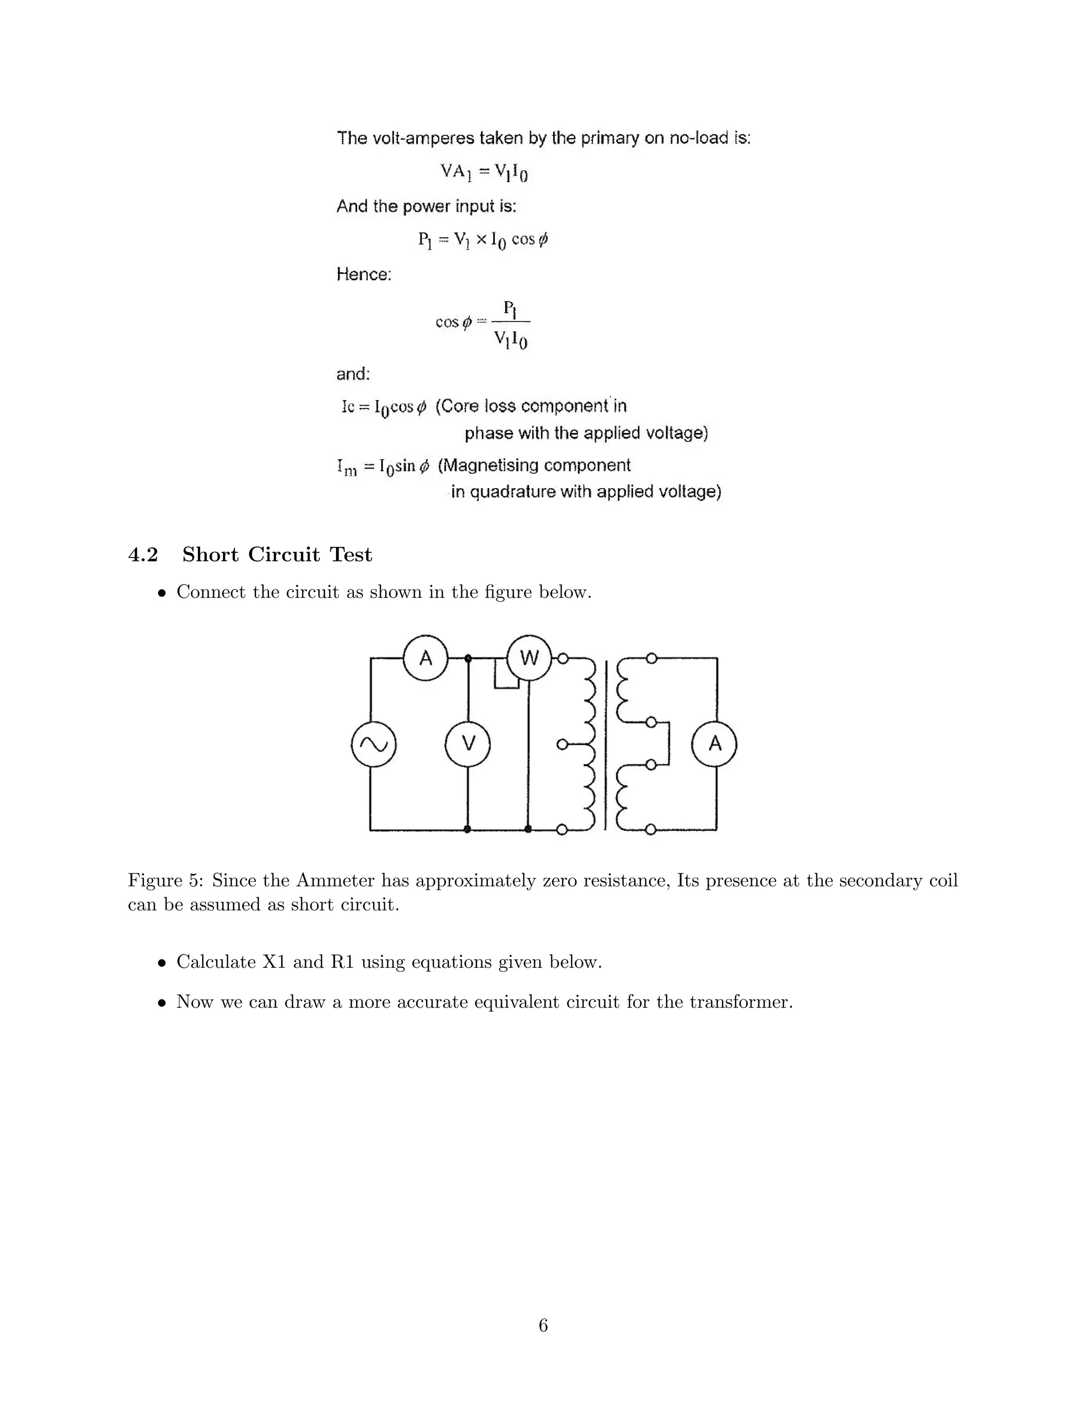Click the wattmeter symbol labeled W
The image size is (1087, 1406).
tap(529, 658)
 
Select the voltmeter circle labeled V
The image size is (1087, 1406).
tap(468, 744)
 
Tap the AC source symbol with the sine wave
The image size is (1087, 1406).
tap(374, 744)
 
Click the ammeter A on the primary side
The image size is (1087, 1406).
tap(425, 658)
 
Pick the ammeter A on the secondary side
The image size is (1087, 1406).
tap(714, 744)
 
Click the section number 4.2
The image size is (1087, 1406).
tap(143, 555)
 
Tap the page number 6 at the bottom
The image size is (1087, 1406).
tap(543, 1325)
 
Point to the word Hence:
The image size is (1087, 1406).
tap(364, 275)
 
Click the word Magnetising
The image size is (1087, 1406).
tap(499, 465)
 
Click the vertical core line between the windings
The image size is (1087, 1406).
tap(605, 744)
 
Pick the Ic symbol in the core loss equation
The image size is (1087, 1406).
tap(348, 407)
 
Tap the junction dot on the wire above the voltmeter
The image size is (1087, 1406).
tap(468, 658)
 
